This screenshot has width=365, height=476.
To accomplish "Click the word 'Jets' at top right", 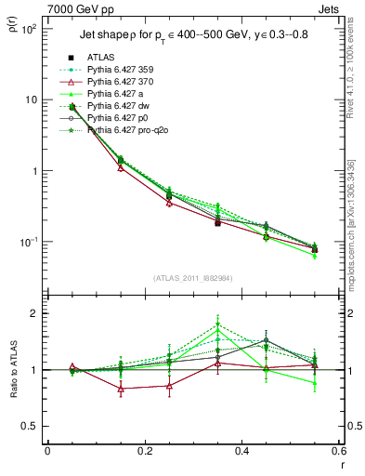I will coord(332,8).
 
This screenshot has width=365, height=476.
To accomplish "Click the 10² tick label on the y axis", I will coord(28,29).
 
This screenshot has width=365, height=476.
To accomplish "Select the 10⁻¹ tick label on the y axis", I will coord(28,243).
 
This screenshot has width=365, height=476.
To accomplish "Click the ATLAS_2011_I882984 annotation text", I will coord(193,278).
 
